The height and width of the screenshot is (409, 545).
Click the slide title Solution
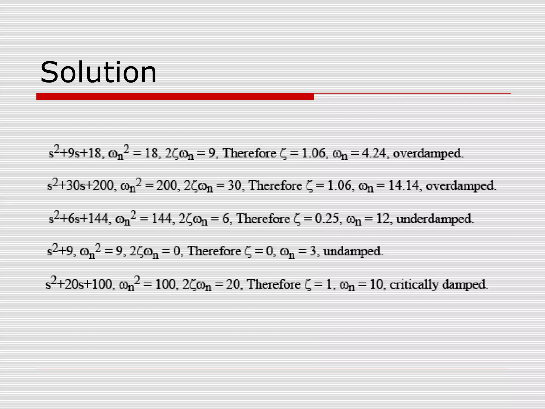(98, 72)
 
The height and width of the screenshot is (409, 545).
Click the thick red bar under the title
(175, 97)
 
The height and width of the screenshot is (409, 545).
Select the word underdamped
(435, 219)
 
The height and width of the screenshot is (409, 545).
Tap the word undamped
(353, 251)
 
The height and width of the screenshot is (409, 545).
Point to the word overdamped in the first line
(428, 153)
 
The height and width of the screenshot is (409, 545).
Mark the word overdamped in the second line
(461, 186)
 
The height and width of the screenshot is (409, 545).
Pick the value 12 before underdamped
(383, 219)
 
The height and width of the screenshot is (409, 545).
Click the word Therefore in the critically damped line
(274, 284)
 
